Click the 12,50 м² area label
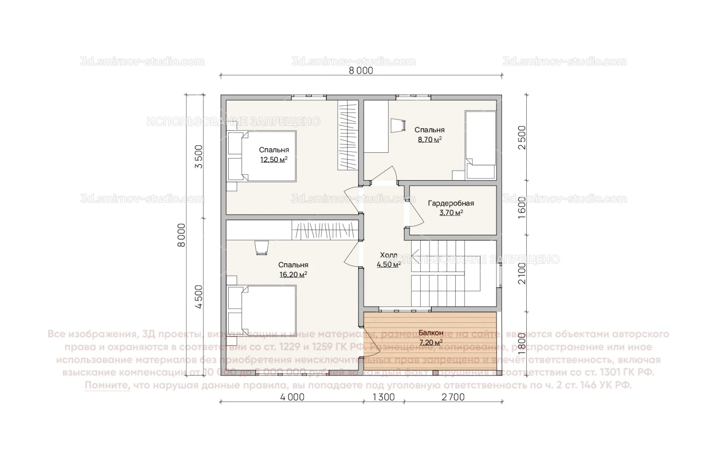coord(274,160)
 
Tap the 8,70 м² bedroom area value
coord(429,140)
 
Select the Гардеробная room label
coord(451,203)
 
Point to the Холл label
coord(388,255)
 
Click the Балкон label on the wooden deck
coord(431,333)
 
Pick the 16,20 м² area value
coord(293,275)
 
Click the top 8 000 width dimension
coord(361,71)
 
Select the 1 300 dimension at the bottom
coord(384,397)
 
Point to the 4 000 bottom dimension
coord(292,397)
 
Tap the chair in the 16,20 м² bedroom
coord(261,247)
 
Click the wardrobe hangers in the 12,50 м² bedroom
coord(348,135)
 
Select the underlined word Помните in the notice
coord(107,386)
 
